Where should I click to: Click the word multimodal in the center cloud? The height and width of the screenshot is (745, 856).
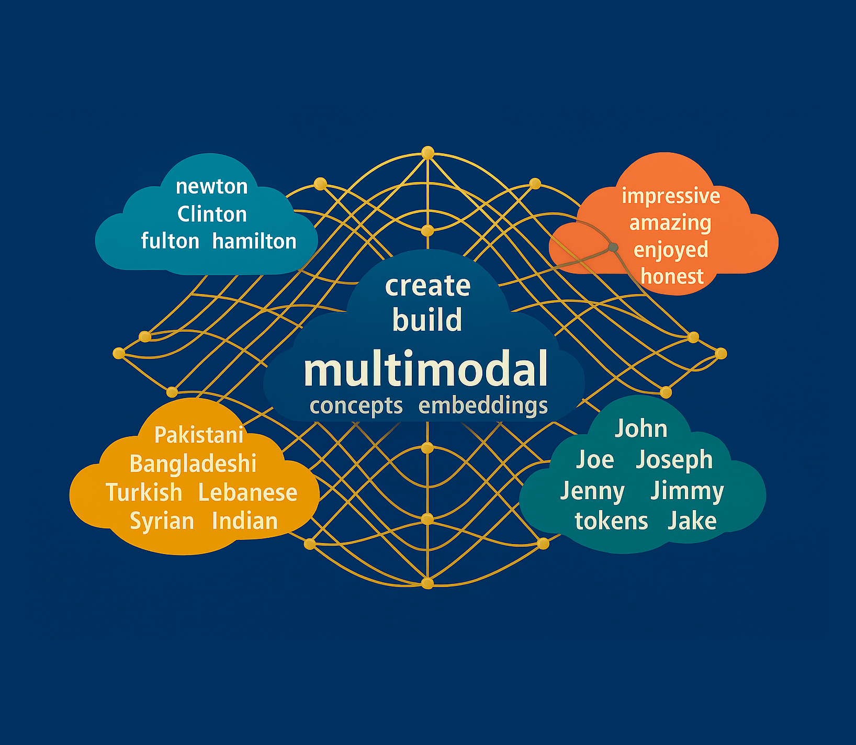[426, 369]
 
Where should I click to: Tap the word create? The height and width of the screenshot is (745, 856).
[427, 286]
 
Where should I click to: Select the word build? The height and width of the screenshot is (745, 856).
[427, 320]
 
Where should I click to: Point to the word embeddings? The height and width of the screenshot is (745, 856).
[483, 406]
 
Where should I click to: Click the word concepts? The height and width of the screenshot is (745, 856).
[356, 406]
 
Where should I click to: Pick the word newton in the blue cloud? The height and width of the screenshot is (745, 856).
[211, 187]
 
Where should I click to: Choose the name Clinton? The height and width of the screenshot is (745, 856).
[212, 214]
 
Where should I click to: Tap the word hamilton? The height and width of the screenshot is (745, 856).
[254, 241]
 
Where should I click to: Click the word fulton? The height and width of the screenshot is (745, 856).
[170, 241]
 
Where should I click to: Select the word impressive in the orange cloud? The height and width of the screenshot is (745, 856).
[671, 196]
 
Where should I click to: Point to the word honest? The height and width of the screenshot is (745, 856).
[672, 276]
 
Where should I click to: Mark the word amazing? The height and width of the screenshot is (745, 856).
[670, 223]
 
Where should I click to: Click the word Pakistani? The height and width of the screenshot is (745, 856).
[199, 435]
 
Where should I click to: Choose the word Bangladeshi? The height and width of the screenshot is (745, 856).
[193, 464]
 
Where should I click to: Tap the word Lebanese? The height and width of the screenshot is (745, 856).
[247, 492]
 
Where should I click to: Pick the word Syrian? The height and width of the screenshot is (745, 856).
[162, 521]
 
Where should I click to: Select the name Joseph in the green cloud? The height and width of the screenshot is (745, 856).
[674, 460]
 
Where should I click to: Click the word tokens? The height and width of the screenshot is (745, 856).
[611, 521]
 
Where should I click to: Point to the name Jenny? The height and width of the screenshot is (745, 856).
[592, 491]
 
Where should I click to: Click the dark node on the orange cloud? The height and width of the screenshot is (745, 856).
[613, 247]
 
